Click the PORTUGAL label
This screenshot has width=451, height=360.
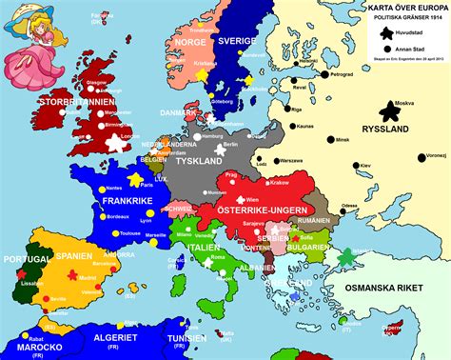(26, 259)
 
